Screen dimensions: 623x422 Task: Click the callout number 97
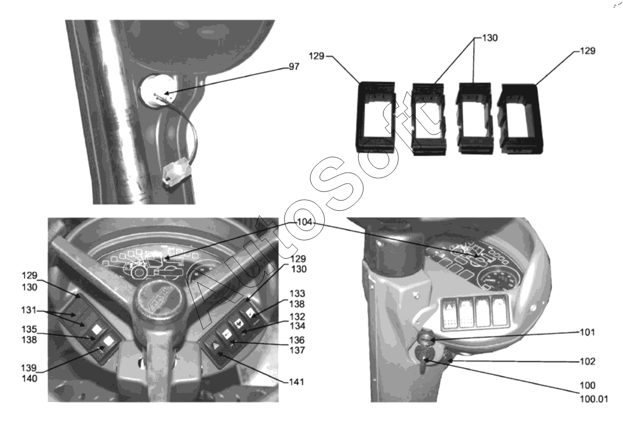(294, 67)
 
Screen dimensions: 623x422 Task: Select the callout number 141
(296, 382)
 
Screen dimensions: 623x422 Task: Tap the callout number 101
(587, 332)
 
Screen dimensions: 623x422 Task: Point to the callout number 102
(587, 362)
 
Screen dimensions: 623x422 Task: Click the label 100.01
(594, 399)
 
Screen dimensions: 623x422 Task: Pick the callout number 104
(305, 222)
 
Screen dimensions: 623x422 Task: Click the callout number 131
(29, 310)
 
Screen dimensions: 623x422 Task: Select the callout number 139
(29, 368)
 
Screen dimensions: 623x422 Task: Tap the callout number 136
(297, 340)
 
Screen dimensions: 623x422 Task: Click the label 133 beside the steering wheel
(297, 293)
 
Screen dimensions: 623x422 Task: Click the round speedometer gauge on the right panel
(499, 278)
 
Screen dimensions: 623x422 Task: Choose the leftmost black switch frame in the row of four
(376, 117)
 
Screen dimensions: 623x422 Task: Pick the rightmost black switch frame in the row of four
(520, 119)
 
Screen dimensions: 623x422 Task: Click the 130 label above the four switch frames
(490, 38)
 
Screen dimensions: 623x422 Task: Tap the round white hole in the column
(158, 91)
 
